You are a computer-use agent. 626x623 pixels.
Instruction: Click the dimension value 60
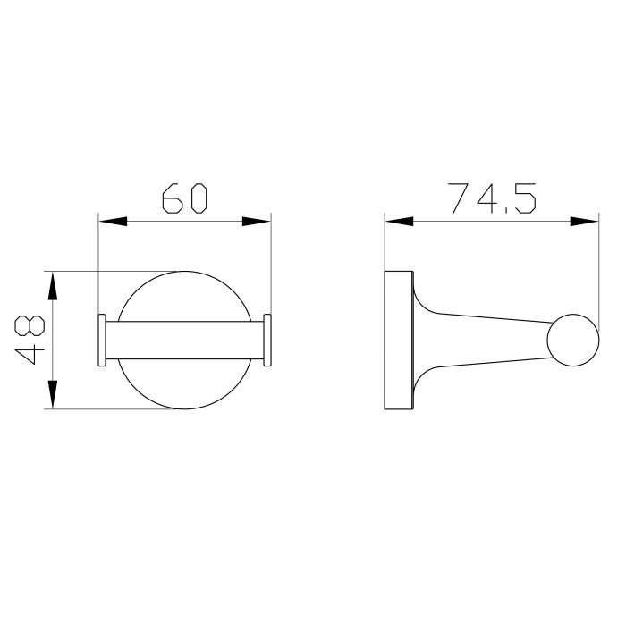tap(184, 198)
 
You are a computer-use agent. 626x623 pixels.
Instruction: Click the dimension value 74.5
tap(492, 198)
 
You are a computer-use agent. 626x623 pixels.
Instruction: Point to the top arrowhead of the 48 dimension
tap(53, 286)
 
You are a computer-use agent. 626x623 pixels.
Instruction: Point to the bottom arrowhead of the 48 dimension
tap(53, 394)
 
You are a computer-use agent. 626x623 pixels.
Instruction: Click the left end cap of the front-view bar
tap(102, 340)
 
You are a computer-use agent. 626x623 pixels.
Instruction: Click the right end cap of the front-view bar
tap(266, 340)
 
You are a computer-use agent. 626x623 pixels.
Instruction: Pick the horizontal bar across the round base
tap(184, 340)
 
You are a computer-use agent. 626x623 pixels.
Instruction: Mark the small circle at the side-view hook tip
tap(571, 340)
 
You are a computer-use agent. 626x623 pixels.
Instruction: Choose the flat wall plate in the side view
tap(398, 340)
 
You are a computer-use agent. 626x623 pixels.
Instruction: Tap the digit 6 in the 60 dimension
tap(173, 198)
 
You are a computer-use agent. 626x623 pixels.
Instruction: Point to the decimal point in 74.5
tap(506, 212)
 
